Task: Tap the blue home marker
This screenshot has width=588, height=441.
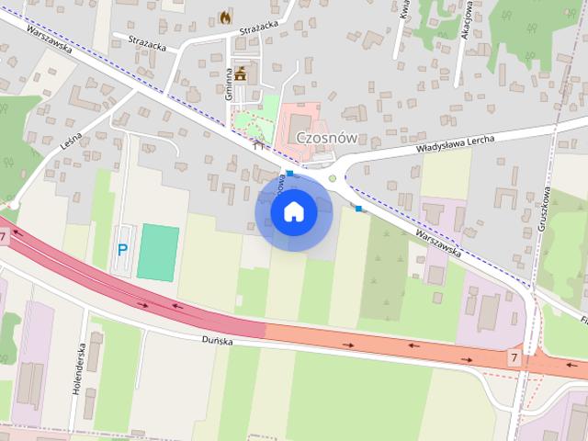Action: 293,212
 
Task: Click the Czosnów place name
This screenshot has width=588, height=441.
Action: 326,138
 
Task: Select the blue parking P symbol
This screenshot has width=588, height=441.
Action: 122,249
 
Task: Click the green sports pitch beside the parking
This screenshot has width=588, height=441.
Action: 158,251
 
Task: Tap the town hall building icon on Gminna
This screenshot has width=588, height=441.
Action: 241,73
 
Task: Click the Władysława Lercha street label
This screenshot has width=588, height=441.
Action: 457,141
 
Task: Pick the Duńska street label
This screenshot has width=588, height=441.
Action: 220,340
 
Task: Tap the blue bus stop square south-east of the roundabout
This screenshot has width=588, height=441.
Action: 358,209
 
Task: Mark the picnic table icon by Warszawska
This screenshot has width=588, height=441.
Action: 258,144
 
